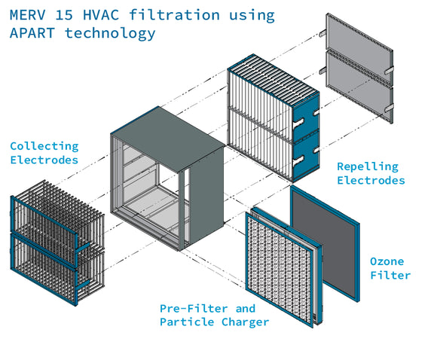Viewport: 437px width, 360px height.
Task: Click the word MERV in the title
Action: (x=27, y=15)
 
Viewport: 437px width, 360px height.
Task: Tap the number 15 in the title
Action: (x=64, y=15)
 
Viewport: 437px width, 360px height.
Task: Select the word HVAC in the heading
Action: (x=101, y=15)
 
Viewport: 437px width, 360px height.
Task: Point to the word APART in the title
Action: (x=32, y=33)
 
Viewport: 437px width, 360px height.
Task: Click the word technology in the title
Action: (x=110, y=33)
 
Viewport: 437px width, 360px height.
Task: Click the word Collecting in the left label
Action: (x=44, y=147)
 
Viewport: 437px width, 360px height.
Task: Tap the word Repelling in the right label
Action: (x=368, y=167)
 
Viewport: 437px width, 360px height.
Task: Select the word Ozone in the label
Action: (x=387, y=261)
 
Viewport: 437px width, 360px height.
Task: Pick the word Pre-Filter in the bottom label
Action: (x=194, y=309)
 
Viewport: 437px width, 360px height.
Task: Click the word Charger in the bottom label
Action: (x=246, y=322)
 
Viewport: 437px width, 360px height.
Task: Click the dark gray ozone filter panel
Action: (x=325, y=243)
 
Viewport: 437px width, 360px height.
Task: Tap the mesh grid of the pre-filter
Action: (x=279, y=267)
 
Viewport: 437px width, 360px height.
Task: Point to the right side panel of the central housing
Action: (x=206, y=195)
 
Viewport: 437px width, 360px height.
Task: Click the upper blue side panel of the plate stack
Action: (x=306, y=117)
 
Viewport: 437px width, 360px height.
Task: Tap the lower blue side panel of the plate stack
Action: (x=306, y=157)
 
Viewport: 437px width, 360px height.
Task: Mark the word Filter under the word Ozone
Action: (x=390, y=276)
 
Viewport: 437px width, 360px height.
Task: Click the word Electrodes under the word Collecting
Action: (x=44, y=160)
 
